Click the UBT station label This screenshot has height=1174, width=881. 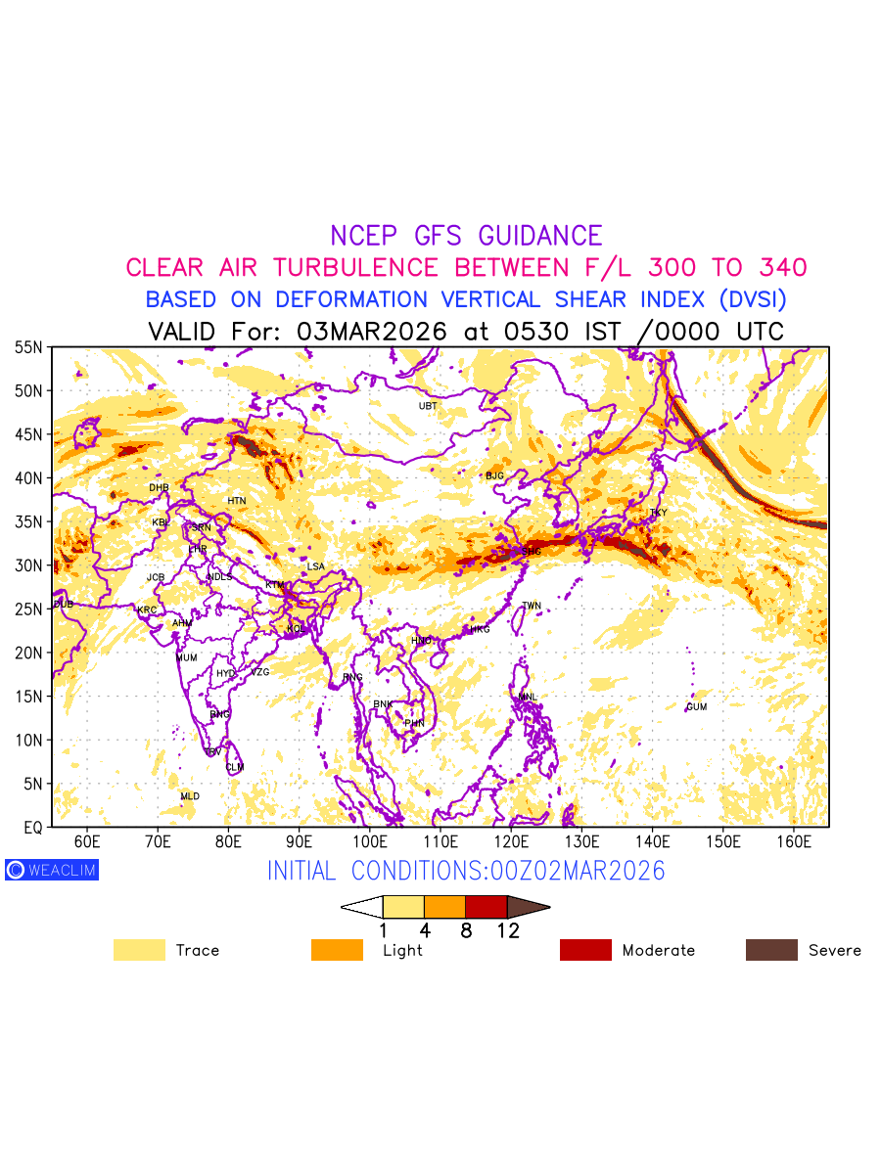[x=428, y=406]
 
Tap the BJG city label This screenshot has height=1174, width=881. [x=494, y=476]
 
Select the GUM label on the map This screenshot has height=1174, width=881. [x=696, y=706]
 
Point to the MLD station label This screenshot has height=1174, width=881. [x=190, y=796]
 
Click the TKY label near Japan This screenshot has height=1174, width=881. [x=658, y=513]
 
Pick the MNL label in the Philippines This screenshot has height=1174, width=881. [x=528, y=698]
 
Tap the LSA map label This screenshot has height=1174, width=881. [x=315, y=567]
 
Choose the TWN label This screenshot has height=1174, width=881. [x=532, y=607]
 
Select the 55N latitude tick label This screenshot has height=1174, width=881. [x=28, y=347]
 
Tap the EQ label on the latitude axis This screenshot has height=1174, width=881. [x=32, y=828]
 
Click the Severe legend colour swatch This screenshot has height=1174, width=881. [x=771, y=950]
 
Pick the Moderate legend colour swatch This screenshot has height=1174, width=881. [x=585, y=950]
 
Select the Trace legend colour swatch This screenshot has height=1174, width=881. [x=139, y=950]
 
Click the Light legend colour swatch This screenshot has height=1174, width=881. [x=337, y=950]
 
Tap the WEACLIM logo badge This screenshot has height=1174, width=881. [x=52, y=870]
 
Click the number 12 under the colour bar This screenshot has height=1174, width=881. [x=508, y=931]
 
